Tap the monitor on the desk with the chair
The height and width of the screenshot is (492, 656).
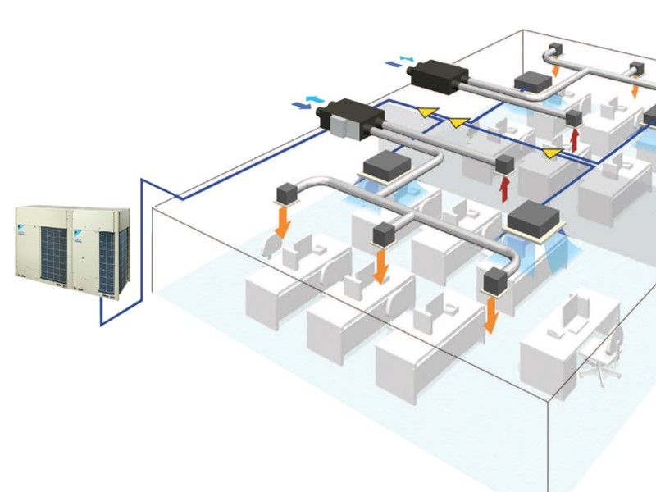pyautogui.click(x=575, y=312)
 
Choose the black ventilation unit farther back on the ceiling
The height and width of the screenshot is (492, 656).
pyautogui.click(x=440, y=75)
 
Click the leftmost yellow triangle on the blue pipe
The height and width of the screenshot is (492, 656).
pyautogui.click(x=426, y=111)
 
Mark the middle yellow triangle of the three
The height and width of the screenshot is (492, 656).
pyautogui.click(x=456, y=123)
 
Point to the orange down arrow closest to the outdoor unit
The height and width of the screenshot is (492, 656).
pyautogui.click(x=281, y=221)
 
